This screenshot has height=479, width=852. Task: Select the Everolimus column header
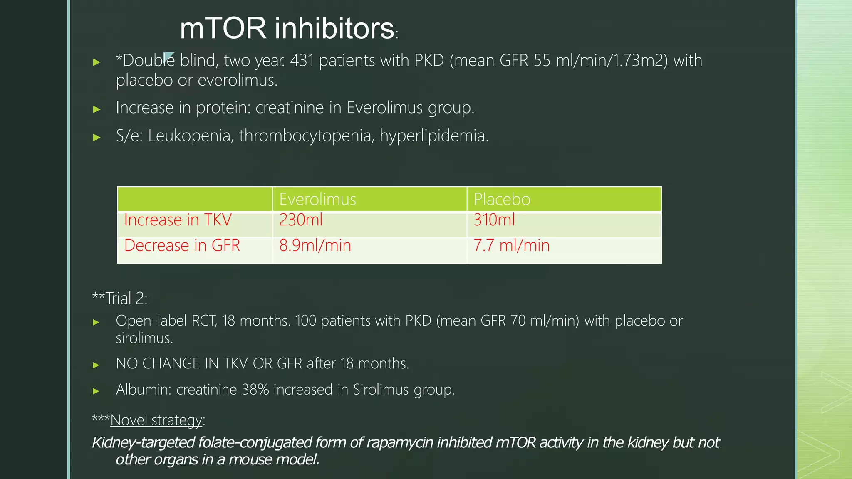tap(317, 199)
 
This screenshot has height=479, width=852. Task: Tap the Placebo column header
tap(502, 199)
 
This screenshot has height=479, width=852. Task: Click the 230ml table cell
tap(301, 220)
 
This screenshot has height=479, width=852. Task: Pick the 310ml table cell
tap(494, 220)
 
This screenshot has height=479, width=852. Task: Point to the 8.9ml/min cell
tap(315, 245)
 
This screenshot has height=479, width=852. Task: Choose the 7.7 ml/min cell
tap(511, 245)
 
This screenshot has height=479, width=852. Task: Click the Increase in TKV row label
tap(178, 220)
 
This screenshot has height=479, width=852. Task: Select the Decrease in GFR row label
tap(182, 245)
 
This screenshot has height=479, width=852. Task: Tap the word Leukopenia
tap(190, 136)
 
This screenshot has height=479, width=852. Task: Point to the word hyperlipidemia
tap(433, 136)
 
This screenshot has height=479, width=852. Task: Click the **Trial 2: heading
tap(120, 299)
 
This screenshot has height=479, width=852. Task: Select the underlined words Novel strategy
tap(156, 420)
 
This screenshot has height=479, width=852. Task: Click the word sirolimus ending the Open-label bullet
tap(144, 338)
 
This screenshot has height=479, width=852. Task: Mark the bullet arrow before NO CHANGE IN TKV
tap(96, 365)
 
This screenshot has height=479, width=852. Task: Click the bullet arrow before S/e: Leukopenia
tap(97, 137)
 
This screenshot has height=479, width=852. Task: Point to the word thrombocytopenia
tap(305, 136)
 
